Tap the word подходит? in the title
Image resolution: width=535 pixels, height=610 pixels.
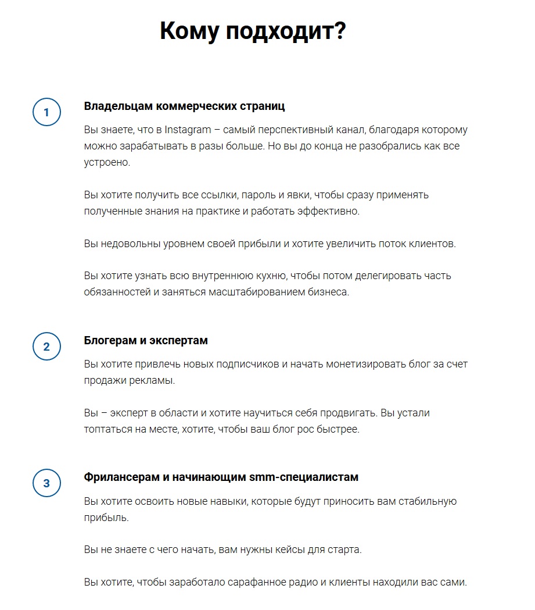(x=286, y=31)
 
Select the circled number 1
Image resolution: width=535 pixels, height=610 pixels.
(x=46, y=112)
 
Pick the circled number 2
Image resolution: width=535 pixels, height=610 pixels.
(x=46, y=347)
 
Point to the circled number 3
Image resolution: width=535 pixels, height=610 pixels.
(x=46, y=483)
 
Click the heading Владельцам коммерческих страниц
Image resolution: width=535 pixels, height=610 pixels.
(x=184, y=106)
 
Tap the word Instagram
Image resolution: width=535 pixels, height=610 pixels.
(x=187, y=129)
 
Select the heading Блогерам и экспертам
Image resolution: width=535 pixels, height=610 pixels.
(x=146, y=340)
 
